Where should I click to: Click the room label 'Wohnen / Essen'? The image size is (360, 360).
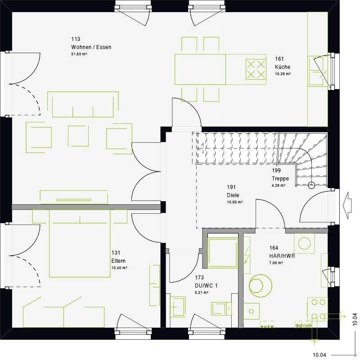pyautogui.click(x=91, y=47)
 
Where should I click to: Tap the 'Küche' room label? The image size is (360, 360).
pyautogui.click(x=283, y=67)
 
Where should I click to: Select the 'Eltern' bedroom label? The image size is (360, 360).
pyautogui.click(x=119, y=261)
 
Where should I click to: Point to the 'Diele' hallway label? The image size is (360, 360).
pyautogui.click(x=233, y=195)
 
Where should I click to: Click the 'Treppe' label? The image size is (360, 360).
pyautogui.click(x=280, y=178)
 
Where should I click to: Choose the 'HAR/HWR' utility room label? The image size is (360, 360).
pyautogui.click(x=282, y=255)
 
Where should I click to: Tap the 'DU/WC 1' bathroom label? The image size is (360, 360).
pyautogui.click(x=206, y=286)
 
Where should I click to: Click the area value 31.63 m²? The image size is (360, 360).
pyautogui.click(x=79, y=54)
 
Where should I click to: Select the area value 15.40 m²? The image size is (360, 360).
pyautogui.click(x=119, y=268)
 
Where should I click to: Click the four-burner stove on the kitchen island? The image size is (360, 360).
pyautogui.click(x=256, y=69)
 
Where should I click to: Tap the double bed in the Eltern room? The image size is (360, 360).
pyautogui.click(x=80, y=245)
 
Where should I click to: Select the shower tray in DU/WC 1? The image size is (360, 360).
pyautogui.click(x=222, y=253)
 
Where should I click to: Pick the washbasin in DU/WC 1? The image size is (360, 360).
pyautogui.click(x=177, y=307)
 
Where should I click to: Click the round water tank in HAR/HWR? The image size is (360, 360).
pyautogui.click(x=260, y=285)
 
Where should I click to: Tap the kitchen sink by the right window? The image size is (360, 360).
pyautogui.click(x=316, y=71)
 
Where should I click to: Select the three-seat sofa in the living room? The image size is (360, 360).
pyautogui.click(x=83, y=104)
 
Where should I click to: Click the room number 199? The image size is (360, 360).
pyautogui.click(x=276, y=171)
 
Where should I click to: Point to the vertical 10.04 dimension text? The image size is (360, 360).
pyautogui.click(x=355, y=319)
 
